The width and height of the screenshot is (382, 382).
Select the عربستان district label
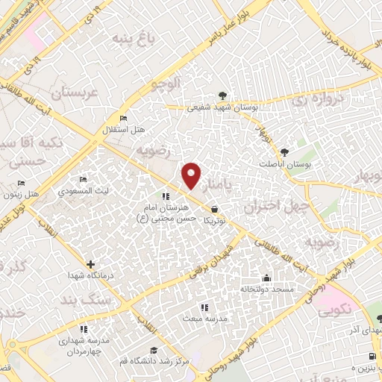pos(75,94)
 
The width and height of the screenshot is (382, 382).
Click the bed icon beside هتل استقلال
pos(124,119)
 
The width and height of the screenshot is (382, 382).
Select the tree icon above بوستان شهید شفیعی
pos(222,95)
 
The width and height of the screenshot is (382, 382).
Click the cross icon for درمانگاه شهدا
pos(91,263)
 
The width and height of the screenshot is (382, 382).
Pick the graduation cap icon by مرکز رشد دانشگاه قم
pos(154,350)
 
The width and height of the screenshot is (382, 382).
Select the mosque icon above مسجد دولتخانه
pos(266,276)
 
